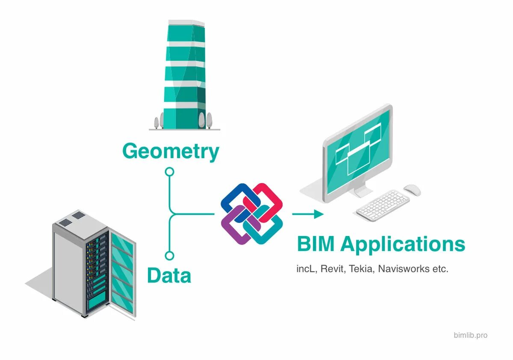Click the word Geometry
(171, 151)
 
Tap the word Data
(169, 276)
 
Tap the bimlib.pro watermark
(470, 335)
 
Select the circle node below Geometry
(170, 172)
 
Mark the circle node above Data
(170, 256)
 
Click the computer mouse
(412, 190)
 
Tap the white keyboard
(383, 205)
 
